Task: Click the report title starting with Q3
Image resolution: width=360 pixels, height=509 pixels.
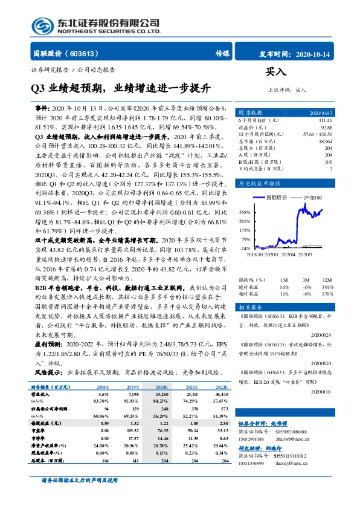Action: [121, 89]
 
